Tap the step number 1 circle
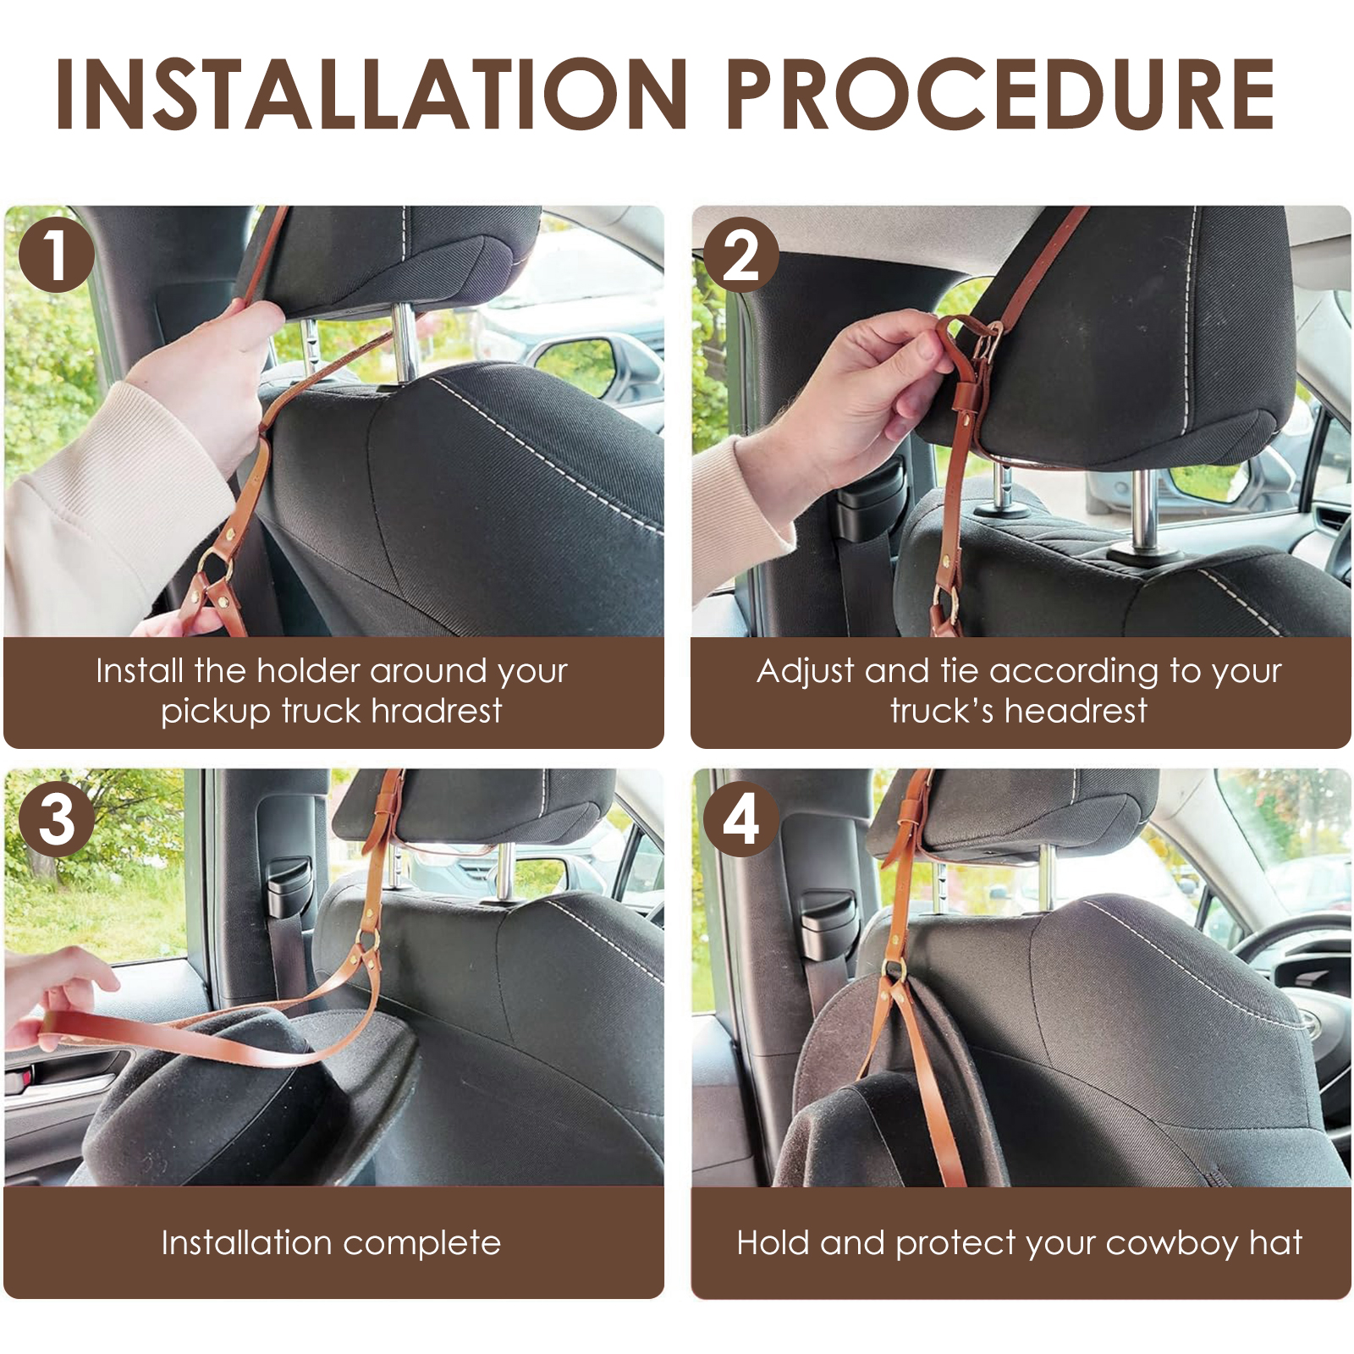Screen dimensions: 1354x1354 coord(56,255)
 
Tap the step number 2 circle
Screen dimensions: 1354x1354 coord(740,255)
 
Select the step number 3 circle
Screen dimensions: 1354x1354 coord(56,818)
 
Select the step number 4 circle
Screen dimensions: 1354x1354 coord(740,818)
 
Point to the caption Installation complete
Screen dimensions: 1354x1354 coord(331,1242)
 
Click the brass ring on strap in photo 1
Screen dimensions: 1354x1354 coord(214,564)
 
